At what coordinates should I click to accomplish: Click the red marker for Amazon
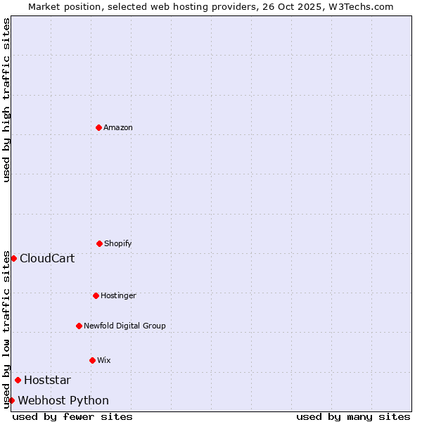(98, 127)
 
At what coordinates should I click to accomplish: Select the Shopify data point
(99, 243)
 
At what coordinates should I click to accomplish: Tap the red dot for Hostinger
(96, 295)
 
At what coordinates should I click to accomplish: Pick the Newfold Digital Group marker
(79, 326)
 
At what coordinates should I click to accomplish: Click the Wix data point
(92, 360)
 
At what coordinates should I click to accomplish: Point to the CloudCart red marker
(13, 258)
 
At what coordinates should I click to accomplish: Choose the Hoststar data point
(18, 380)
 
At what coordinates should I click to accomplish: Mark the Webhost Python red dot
(11, 400)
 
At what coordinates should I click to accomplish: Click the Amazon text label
(118, 127)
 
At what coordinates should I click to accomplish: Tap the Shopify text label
(118, 243)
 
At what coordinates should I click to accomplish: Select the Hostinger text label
(118, 295)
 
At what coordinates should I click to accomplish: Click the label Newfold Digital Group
(124, 326)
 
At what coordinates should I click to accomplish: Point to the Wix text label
(104, 360)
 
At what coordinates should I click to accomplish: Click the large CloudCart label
(47, 258)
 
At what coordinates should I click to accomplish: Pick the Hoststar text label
(47, 381)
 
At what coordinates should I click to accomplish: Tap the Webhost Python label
(63, 401)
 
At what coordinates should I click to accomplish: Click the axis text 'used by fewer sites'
(72, 416)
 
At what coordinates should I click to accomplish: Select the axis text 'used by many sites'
(353, 416)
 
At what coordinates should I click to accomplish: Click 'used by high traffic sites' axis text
(6, 100)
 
